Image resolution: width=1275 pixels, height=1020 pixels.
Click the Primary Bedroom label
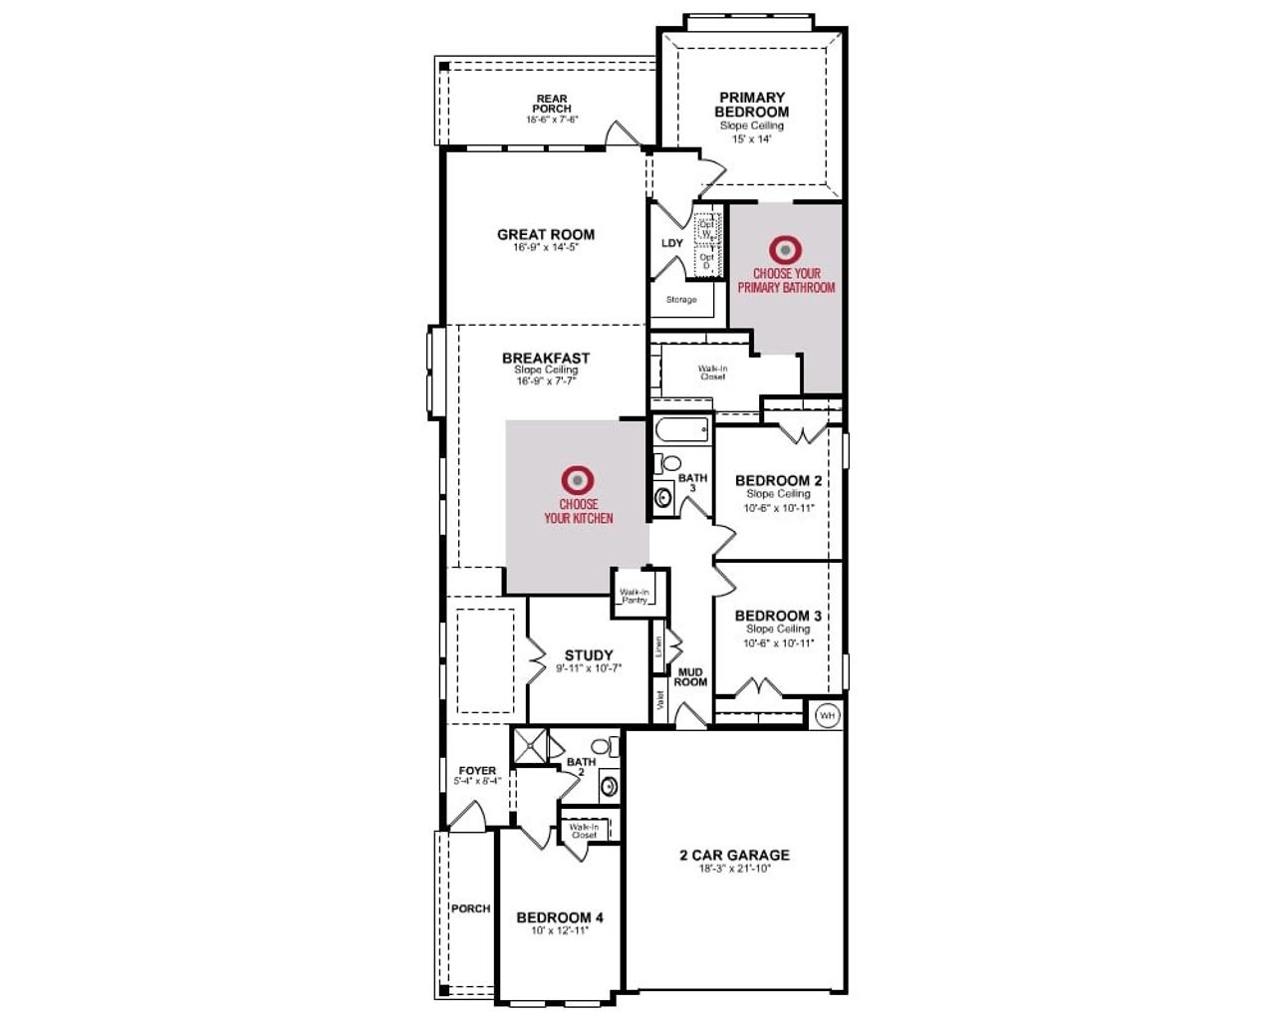tap(752, 105)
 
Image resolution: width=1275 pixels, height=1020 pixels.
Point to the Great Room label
tap(546, 235)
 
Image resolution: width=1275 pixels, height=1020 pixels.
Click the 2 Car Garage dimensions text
tap(734, 869)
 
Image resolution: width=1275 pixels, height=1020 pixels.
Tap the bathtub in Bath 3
tap(682, 431)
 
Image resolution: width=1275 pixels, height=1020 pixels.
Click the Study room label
tap(589, 655)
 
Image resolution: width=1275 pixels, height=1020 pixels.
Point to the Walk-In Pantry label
tap(635, 596)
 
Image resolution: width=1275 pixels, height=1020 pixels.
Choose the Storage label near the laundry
tap(681, 300)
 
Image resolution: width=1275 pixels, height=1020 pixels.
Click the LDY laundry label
tap(672, 243)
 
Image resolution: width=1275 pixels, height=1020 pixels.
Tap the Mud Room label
tap(690, 677)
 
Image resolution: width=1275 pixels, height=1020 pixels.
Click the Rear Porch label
tap(552, 104)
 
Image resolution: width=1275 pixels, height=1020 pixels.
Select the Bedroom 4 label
tap(560, 917)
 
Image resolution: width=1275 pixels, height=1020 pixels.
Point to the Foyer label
tap(477, 771)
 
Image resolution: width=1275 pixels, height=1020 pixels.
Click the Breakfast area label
tap(546, 358)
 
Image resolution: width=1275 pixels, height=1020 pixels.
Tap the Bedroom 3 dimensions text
tap(778, 643)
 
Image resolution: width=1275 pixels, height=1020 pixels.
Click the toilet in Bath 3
tap(670, 463)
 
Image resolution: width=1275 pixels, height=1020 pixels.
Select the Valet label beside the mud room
tap(659, 700)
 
